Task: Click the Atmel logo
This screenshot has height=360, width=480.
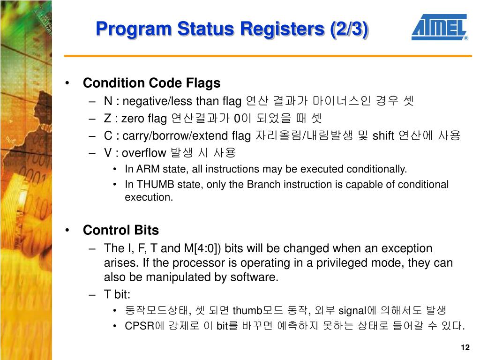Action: tap(439, 28)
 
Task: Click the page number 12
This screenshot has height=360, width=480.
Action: tap(465, 347)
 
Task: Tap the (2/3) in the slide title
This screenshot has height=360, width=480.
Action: tap(348, 29)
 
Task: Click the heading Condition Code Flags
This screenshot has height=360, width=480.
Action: tap(151, 83)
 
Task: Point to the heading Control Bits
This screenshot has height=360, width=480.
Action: tap(120, 230)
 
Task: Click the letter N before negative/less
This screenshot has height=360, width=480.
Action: tap(108, 101)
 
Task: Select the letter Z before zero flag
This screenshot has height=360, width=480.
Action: tap(107, 119)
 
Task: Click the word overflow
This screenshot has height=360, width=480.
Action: tap(144, 153)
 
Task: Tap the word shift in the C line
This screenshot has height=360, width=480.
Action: tap(383, 136)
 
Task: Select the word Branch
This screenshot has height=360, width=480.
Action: tap(260, 185)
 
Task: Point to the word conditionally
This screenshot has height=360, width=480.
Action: tap(377, 169)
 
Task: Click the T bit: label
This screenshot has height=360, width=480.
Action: tap(117, 294)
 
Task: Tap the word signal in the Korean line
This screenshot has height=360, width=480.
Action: tap(352, 310)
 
